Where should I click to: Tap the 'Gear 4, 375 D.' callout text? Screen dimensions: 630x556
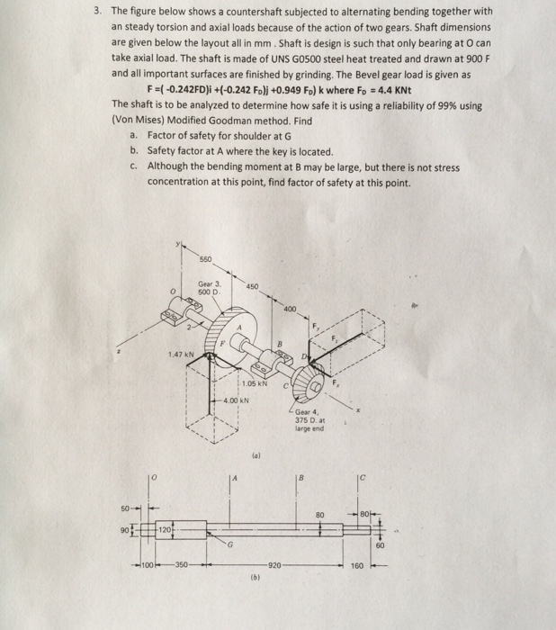[x=310, y=420]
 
